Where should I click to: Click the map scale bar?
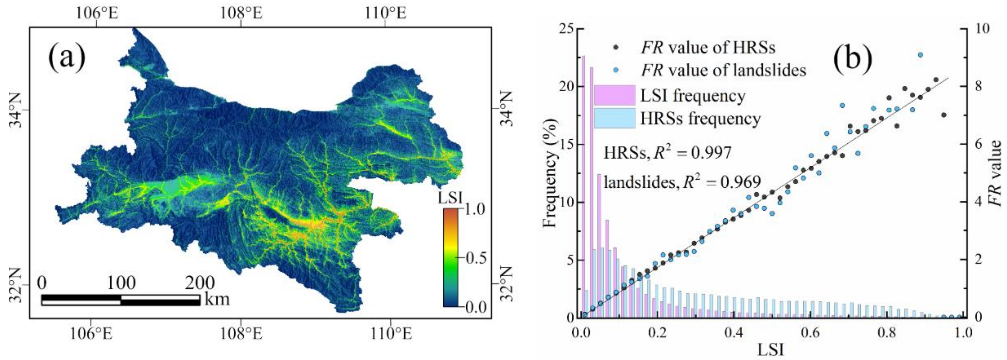coord(121,300)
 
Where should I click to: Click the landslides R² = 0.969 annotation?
coord(682,182)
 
